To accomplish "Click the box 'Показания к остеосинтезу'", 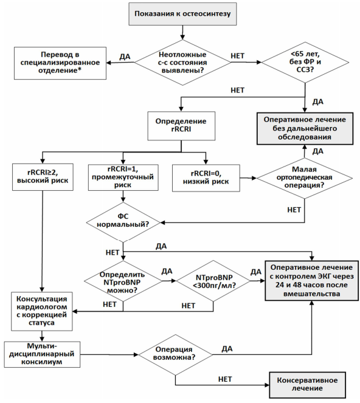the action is click(182, 14).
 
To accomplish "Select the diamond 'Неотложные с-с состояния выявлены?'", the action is click(182, 63).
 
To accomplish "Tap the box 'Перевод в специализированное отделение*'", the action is click(60, 63).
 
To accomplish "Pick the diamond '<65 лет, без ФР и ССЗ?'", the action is click(305, 63).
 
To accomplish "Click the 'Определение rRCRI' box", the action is click(181, 126).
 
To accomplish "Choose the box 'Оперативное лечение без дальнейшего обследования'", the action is click(305, 128).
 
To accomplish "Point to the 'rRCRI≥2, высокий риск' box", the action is click(43, 177).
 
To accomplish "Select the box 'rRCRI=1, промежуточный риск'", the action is click(123, 177).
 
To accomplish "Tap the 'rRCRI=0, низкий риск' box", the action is click(206, 178).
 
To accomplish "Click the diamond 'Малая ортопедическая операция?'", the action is click(305, 178).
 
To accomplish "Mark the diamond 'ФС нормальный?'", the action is click(123, 222).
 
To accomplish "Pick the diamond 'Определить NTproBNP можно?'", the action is click(123, 281).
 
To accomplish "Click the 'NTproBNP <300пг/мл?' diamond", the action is click(213, 281).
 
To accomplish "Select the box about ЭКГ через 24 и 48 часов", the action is click(312, 281).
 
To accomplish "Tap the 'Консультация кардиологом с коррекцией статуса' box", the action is click(42, 311).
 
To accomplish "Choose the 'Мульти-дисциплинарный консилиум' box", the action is click(42, 354).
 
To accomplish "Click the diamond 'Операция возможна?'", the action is click(175, 355).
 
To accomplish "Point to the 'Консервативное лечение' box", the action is click(307, 385).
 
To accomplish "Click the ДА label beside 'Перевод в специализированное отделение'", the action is click(125, 57).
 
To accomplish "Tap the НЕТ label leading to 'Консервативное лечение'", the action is click(225, 379).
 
